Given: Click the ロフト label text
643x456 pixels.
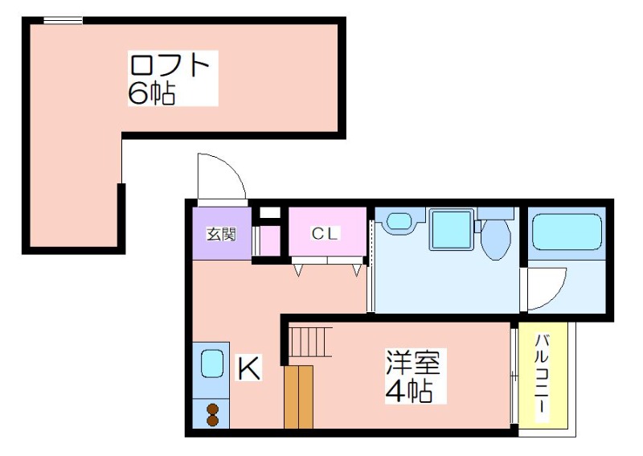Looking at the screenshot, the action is pyautogui.click(x=170, y=65).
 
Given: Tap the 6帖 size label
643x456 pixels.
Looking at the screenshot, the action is pyautogui.click(x=152, y=93).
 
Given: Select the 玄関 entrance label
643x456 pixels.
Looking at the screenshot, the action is pyautogui.click(x=222, y=235).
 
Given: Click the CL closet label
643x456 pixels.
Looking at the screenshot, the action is pyautogui.click(x=325, y=233).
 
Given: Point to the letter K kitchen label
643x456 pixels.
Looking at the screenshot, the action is pyautogui.click(x=249, y=368).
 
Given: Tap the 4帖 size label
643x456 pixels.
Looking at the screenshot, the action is pyautogui.click(x=409, y=391).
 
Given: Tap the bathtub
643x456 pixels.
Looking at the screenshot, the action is pyautogui.click(x=567, y=232).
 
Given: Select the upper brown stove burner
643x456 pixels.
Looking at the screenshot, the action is pyautogui.click(x=212, y=409).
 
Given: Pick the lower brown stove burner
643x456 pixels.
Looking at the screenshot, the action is pyautogui.click(x=212, y=421).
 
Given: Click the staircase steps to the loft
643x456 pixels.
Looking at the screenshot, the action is pyautogui.click(x=309, y=342).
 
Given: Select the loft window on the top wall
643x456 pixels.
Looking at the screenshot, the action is pyautogui.click(x=63, y=21).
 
